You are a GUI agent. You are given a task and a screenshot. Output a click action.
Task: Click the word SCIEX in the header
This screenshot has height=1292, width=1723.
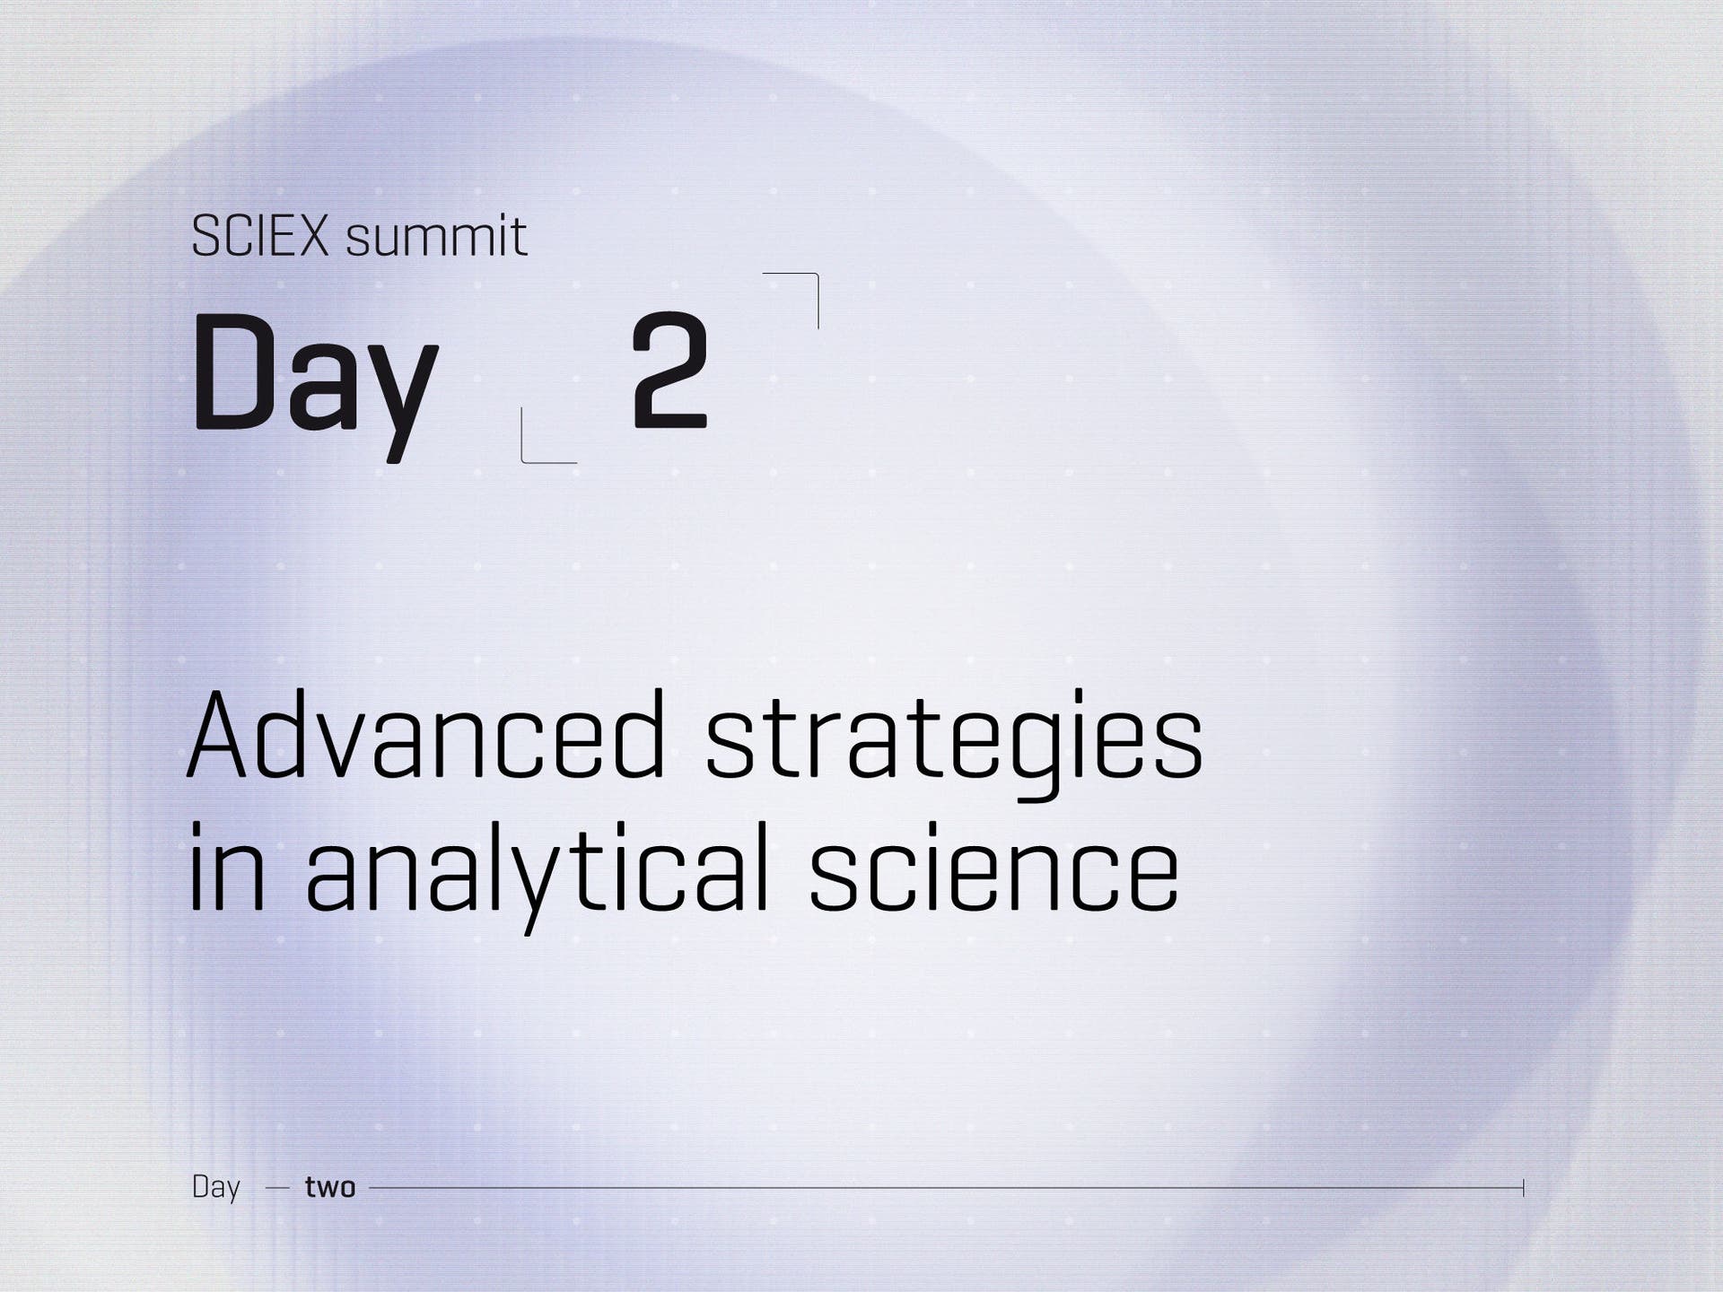[x=260, y=237]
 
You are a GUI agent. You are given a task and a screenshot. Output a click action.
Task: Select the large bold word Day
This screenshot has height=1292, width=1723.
[x=314, y=384]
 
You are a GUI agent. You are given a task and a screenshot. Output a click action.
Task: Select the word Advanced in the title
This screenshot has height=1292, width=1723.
[x=427, y=734]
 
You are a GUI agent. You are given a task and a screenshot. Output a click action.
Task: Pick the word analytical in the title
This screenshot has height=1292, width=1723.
[x=538, y=875]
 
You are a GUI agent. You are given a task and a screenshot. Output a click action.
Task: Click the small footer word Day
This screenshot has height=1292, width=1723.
[x=216, y=1188]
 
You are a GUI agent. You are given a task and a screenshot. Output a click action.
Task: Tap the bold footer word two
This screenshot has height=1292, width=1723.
[x=330, y=1188]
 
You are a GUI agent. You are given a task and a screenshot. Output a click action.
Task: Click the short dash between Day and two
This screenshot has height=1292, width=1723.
[x=277, y=1188]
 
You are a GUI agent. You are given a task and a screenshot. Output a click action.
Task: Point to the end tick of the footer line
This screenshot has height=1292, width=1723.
[x=1523, y=1188]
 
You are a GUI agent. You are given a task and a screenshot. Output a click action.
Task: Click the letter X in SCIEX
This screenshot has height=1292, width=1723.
[x=312, y=238]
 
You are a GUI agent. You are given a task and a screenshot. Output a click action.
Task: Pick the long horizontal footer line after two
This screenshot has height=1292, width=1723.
[x=947, y=1188]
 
